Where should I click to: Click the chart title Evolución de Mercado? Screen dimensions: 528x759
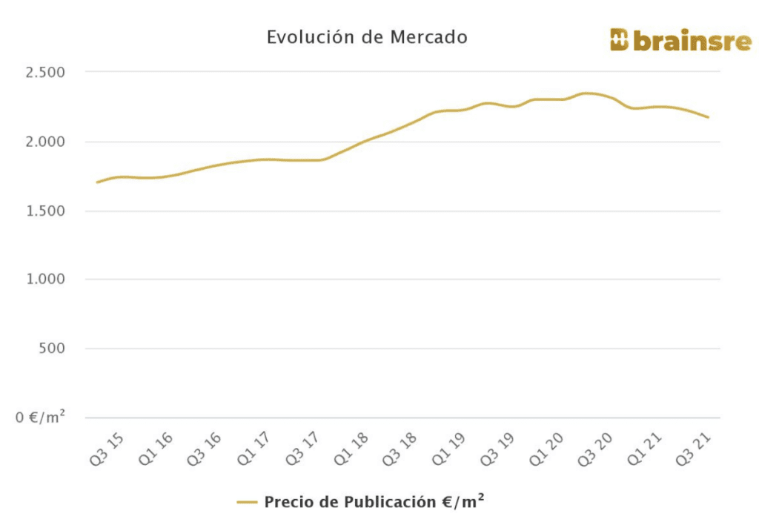point(367,37)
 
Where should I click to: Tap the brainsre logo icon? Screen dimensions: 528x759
point(619,40)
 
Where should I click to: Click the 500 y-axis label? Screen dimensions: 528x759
point(51,349)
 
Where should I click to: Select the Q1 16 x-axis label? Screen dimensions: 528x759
point(156,449)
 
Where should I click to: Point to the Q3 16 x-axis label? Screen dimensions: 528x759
point(205,449)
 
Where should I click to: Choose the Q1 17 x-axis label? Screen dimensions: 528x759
point(253,449)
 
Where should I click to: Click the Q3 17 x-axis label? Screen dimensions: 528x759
point(302,449)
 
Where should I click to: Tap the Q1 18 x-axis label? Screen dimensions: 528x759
point(351,449)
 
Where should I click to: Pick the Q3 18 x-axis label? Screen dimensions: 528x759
point(400,449)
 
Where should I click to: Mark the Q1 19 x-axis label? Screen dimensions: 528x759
point(449,449)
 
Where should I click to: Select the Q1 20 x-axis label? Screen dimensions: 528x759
point(547,449)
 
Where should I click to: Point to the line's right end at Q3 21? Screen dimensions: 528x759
point(709,117)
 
